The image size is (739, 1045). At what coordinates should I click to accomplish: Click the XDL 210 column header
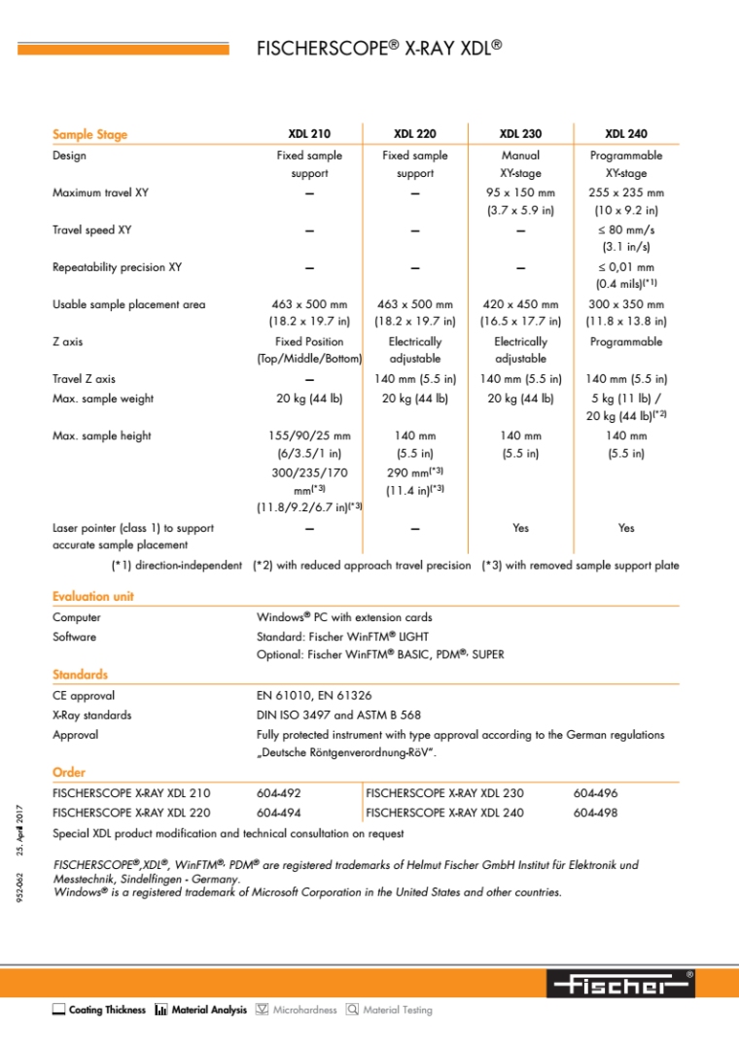[x=309, y=134]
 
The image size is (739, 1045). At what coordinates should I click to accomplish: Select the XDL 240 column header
[x=626, y=134]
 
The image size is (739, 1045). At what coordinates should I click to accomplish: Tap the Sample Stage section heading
[x=89, y=134]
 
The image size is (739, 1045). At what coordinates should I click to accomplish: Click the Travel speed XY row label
[x=91, y=230]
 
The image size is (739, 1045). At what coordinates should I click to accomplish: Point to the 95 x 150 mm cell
[x=520, y=192]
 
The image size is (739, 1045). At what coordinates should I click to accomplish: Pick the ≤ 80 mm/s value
[x=626, y=230]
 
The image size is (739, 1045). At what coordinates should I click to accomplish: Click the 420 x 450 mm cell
[x=520, y=304]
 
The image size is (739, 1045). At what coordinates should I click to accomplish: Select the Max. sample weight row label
[x=102, y=399]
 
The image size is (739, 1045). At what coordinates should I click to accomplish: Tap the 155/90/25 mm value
[x=309, y=435]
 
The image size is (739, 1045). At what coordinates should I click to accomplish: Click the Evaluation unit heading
[x=93, y=596]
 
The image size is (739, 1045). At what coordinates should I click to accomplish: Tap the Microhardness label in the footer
[x=304, y=1010]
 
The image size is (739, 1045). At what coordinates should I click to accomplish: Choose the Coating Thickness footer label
[x=107, y=1010]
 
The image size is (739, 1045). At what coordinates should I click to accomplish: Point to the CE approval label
[x=84, y=696]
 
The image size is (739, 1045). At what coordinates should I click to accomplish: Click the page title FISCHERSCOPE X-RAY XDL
[x=378, y=48]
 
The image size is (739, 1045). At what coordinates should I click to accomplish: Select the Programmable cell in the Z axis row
[x=626, y=342]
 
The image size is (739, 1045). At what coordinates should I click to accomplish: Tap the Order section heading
[x=68, y=772]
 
